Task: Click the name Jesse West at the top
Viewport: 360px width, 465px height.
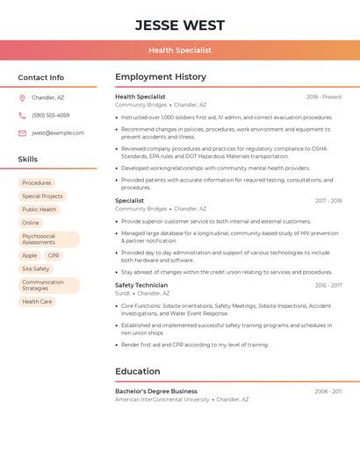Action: [180, 25]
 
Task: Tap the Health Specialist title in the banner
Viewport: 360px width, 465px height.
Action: [180, 51]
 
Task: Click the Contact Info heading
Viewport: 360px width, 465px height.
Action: [41, 77]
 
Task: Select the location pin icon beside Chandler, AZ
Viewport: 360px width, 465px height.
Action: [22, 98]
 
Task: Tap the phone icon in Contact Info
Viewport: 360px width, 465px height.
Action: [22, 116]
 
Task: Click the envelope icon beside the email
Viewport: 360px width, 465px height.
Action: [22, 133]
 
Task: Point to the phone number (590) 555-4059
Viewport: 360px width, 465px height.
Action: [51, 116]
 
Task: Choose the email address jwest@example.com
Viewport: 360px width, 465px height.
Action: [58, 133]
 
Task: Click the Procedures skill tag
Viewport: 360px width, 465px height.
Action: [37, 183]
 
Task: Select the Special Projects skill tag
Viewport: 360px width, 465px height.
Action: [42, 197]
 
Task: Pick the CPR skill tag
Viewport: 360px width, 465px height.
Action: [54, 256]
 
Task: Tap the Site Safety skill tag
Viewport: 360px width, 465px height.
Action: [36, 269]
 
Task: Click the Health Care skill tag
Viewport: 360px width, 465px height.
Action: [37, 302]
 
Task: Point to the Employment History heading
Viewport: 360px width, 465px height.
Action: [161, 77]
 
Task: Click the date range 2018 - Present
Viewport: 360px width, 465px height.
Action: [324, 97]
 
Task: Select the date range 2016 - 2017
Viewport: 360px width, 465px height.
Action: [328, 285]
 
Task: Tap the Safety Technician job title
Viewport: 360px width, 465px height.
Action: [141, 285]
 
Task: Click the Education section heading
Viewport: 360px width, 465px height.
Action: [138, 371]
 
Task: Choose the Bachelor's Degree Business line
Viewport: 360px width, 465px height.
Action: [156, 391]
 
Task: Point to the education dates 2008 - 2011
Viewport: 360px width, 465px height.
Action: [328, 391]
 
